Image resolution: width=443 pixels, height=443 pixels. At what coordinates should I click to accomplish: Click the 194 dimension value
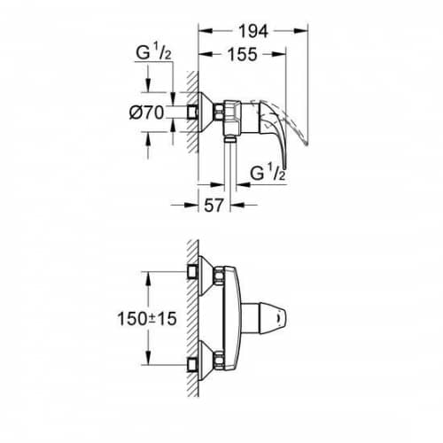click(x=253, y=31)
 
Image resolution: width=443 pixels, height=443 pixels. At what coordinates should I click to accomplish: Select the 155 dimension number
click(x=242, y=54)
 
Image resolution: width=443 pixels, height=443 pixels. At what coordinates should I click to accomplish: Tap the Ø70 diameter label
click(x=146, y=113)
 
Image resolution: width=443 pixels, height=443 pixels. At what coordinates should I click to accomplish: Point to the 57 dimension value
click(x=214, y=205)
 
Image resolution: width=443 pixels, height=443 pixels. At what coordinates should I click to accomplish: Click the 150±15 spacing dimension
click(x=147, y=319)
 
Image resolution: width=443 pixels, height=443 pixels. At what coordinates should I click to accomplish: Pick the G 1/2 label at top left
click(x=153, y=53)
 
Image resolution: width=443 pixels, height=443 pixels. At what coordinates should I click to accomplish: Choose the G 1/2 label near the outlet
click(x=268, y=173)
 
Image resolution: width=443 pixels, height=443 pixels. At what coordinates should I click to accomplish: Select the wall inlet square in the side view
click(x=192, y=113)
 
